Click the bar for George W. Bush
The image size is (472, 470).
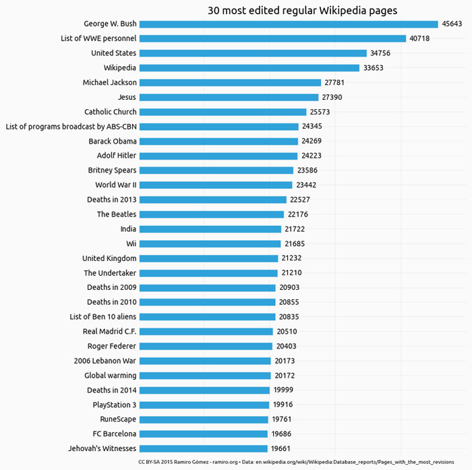click(x=289, y=24)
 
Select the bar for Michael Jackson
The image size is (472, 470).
click(x=230, y=82)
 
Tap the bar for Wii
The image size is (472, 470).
click(x=210, y=243)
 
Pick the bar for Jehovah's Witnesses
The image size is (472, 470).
click(x=204, y=448)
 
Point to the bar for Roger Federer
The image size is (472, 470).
click(x=206, y=346)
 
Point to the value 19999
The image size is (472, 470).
click(x=283, y=390)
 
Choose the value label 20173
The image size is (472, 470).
click(x=285, y=361)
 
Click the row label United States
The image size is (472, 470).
click(x=113, y=53)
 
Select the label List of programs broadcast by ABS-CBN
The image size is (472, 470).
click(x=71, y=126)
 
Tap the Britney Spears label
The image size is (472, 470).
click(x=112, y=170)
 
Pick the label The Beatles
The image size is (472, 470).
click(x=116, y=214)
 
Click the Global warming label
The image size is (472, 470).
click(x=110, y=375)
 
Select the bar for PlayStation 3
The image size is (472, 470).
click(x=204, y=405)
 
